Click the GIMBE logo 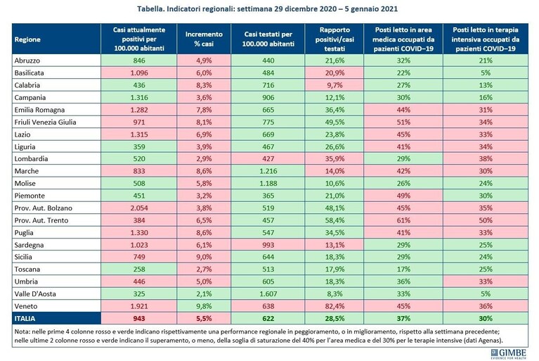pyautogui.click(x=509, y=353)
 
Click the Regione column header pyautogui.click(x=27, y=39)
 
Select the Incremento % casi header pyautogui.click(x=204, y=39)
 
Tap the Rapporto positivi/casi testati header pyautogui.click(x=335, y=39)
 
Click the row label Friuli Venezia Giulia pyautogui.click(x=46, y=122)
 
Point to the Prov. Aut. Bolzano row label pyautogui.click(x=44, y=208)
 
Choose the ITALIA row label pyautogui.click(x=25, y=318)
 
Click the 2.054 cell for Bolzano pyautogui.click(x=139, y=208)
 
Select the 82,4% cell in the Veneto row pyautogui.click(x=335, y=306)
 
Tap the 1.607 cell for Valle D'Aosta pyautogui.click(x=268, y=294)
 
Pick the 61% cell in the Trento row pyautogui.click(x=403, y=220)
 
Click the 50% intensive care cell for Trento pyautogui.click(x=486, y=220)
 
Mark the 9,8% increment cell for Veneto pyautogui.click(x=204, y=306)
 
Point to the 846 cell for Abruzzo pyautogui.click(x=139, y=61)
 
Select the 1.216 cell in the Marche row pyautogui.click(x=268, y=171)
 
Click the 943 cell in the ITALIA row pyautogui.click(x=139, y=318)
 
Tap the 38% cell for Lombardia pyautogui.click(x=486, y=158)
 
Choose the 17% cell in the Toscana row pyautogui.click(x=403, y=269)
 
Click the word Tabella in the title pyautogui.click(x=150, y=8)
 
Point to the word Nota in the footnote pyautogui.click(x=21, y=332)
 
